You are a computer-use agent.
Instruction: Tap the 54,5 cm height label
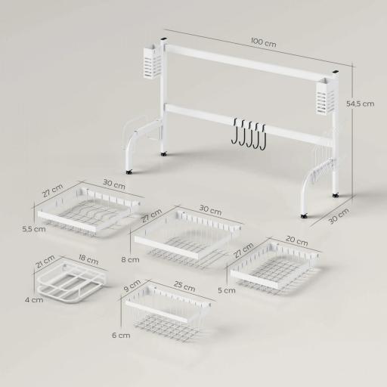tap(360, 104)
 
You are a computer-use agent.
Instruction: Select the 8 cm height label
tap(131, 259)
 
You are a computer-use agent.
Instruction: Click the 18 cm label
tap(88, 260)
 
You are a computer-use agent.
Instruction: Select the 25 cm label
tap(184, 288)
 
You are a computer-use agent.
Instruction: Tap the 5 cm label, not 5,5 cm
tap(220, 289)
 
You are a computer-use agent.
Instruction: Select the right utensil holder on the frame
tap(326, 98)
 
